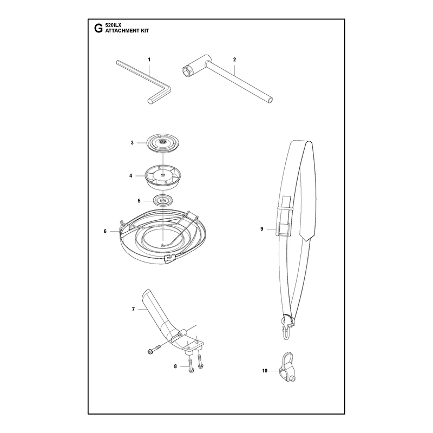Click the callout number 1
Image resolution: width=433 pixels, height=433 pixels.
[x=149, y=60]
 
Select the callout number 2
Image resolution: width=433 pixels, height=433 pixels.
[x=234, y=60]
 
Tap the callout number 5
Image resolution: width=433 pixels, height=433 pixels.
[x=139, y=201]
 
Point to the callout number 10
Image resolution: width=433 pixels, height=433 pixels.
[x=265, y=371]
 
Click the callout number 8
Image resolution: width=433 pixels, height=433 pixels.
[x=175, y=366]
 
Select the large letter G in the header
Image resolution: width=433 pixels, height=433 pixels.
[x=99, y=28]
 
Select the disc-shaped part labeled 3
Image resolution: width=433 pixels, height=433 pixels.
[x=163, y=143]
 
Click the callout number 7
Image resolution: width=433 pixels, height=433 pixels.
[x=133, y=309]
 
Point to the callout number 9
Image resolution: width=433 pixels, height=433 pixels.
[x=262, y=228]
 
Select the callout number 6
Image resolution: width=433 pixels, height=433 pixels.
[x=105, y=231]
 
